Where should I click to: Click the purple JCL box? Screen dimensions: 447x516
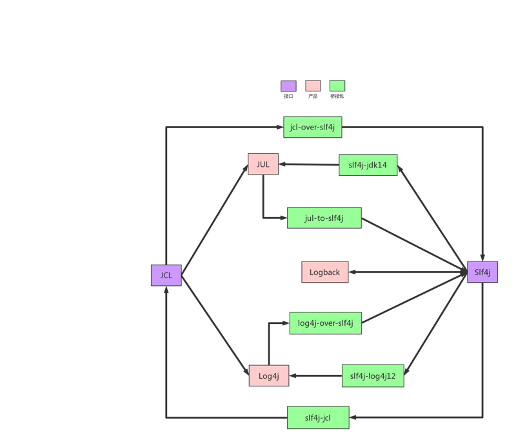tap(166, 275)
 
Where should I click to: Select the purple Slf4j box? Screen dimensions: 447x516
tap(482, 272)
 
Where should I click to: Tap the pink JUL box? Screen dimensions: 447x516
tap(263, 164)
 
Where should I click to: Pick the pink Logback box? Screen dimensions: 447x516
tap(324, 272)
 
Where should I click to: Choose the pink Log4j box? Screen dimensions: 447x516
tap(268, 376)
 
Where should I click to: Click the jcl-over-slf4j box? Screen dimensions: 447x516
tap(312, 128)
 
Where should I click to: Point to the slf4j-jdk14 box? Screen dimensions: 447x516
tap(368, 165)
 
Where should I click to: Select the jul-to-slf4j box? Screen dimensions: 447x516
tap(324, 218)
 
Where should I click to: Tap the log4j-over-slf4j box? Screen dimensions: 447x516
tap(325, 323)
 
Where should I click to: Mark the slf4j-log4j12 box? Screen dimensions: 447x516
tap(373, 376)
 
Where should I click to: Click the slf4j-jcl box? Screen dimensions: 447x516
tap(318, 418)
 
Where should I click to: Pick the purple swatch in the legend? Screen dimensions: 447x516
tap(288, 86)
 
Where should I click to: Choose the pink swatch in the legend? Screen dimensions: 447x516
tap(313, 86)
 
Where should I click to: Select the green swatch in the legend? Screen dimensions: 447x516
tap(337, 86)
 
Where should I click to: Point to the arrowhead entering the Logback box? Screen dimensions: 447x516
tap(353, 272)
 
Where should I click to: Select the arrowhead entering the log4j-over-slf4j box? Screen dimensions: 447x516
tap(285, 323)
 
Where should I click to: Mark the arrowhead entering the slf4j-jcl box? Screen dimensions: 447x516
tap(354, 418)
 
